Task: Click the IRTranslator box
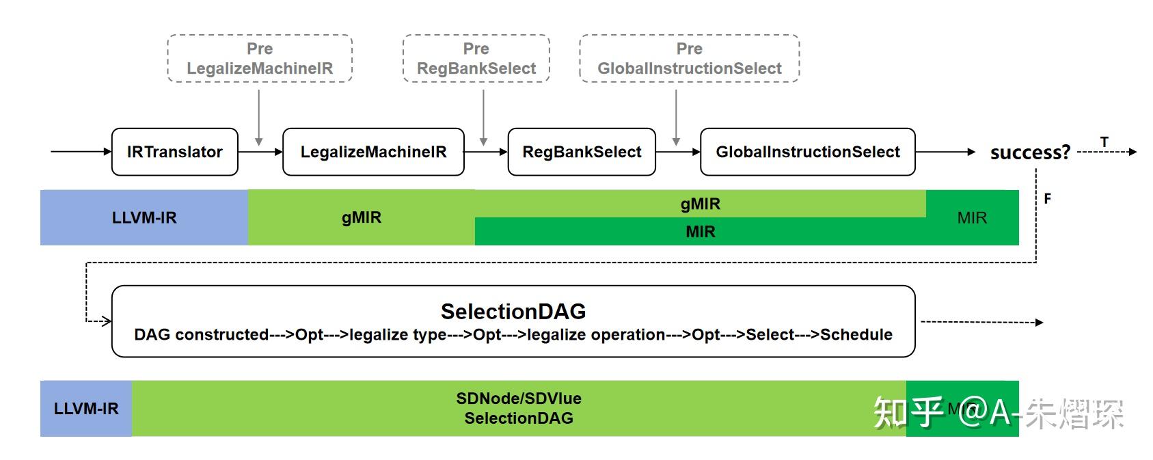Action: pyautogui.click(x=174, y=152)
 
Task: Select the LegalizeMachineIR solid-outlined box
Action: pyautogui.click(x=373, y=152)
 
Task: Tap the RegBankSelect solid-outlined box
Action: pyautogui.click(x=582, y=152)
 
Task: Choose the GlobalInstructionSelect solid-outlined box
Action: pyautogui.click(x=807, y=152)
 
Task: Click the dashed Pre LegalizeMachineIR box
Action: pyautogui.click(x=260, y=59)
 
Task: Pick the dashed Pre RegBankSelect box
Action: pyautogui.click(x=476, y=59)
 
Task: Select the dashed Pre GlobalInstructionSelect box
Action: pyautogui.click(x=689, y=59)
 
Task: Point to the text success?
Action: pyautogui.click(x=1030, y=152)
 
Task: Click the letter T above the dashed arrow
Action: pyautogui.click(x=1104, y=141)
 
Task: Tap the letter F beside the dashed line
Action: pyautogui.click(x=1047, y=199)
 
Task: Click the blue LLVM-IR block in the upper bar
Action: pyautogui.click(x=144, y=217)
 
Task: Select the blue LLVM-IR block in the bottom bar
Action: pyautogui.click(x=86, y=409)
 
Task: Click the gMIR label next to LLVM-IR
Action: pyautogui.click(x=361, y=217)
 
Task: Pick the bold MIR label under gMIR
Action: pyautogui.click(x=700, y=232)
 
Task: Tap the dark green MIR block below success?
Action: pyautogui.click(x=972, y=217)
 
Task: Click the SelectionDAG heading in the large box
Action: pyautogui.click(x=513, y=311)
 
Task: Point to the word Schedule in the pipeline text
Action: pyautogui.click(x=856, y=334)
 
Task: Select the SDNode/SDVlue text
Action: pyautogui.click(x=519, y=398)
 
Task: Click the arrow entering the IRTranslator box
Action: pyautogui.click(x=81, y=152)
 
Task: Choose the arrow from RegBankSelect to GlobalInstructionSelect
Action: pyautogui.click(x=678, y=152)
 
